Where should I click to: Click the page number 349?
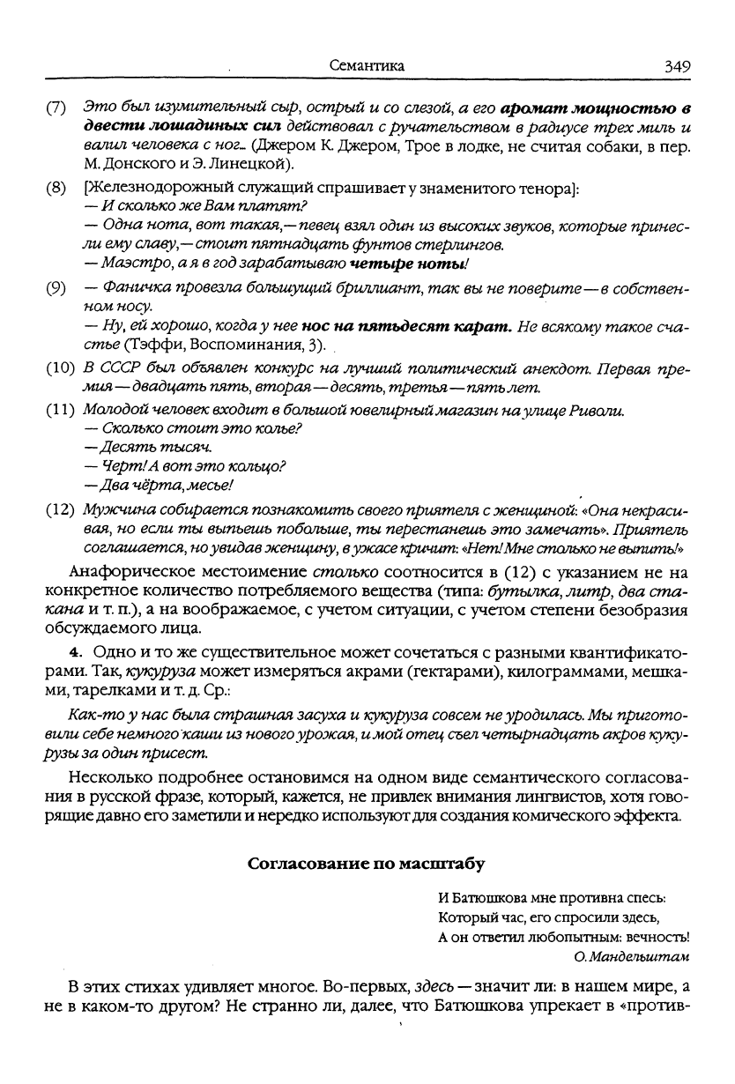tap(678, 65)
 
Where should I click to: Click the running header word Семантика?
tap(367, 65)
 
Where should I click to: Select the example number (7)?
tap(56, 108)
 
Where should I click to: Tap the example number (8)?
tap(56, 188)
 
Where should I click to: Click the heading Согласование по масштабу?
tap(367, 864)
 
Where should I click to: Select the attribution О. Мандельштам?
tap(631, 956)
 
